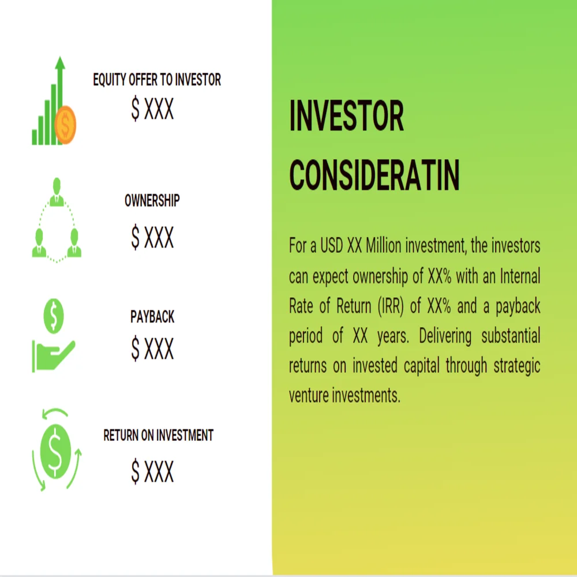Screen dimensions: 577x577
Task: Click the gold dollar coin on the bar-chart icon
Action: pyautogui.click(x=65, y=123)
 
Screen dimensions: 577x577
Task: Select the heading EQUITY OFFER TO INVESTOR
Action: pyautogui.click(x=157, y=80)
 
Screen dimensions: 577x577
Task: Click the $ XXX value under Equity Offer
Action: pyautogui.click(x=152, y=110)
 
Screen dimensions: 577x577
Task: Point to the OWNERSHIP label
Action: pyautogui.click(x=152, y=201)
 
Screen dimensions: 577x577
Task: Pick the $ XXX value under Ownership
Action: pyautogui.click(x=152, y=237)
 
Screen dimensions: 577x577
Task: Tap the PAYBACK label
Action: pyautogui.click(x=152, y=317)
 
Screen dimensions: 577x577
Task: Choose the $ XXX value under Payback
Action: pyautogui.click(x=152, y=348)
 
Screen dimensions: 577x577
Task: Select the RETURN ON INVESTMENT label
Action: pyautogui.click(x=159, y=435)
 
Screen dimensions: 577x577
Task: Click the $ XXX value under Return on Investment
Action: pyautogui.click(x=152, y=472)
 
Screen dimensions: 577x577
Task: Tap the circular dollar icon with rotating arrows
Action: pyautogui.click(x=56, y=449)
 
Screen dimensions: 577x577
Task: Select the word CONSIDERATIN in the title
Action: pyautogui.click(x=374, y=175)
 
